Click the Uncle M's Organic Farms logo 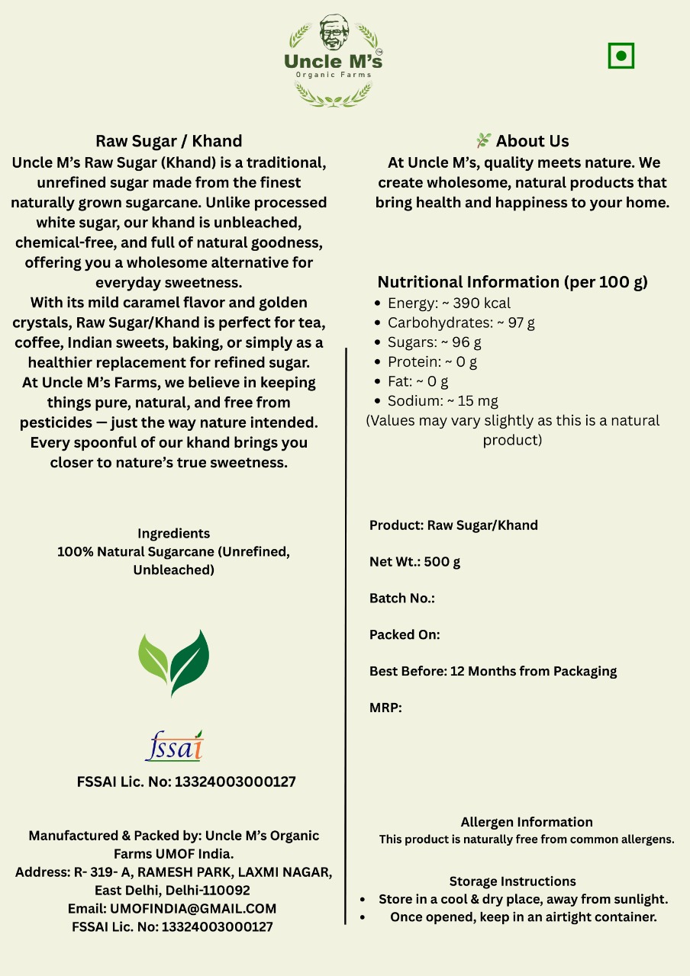click(x=334, y=59)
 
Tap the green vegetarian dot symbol click(x=621, y=56)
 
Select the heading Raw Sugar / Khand click(x=169, y=141)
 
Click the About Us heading click(x=532, y=141)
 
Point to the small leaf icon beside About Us click(x=483, y=141)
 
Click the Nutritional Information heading click(x=512, y=282)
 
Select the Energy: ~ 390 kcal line click(x=449, y=303)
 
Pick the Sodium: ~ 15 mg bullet click(x=443, y=400)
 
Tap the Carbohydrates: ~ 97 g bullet click(x=461, y=323)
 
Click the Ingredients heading click(x=173, y=533)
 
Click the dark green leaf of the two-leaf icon click(x=191, y=661)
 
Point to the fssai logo click(x=174, y=746)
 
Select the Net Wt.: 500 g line click(x=414, y=562)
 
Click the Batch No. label click(x=401, y=599)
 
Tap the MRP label click(x=385, y=708)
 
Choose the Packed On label click(x=405, y=634)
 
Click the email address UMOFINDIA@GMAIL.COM click(x=193, y=908)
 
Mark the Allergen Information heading click(x=527, y=822)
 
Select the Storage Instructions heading click(x=513, y=881)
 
